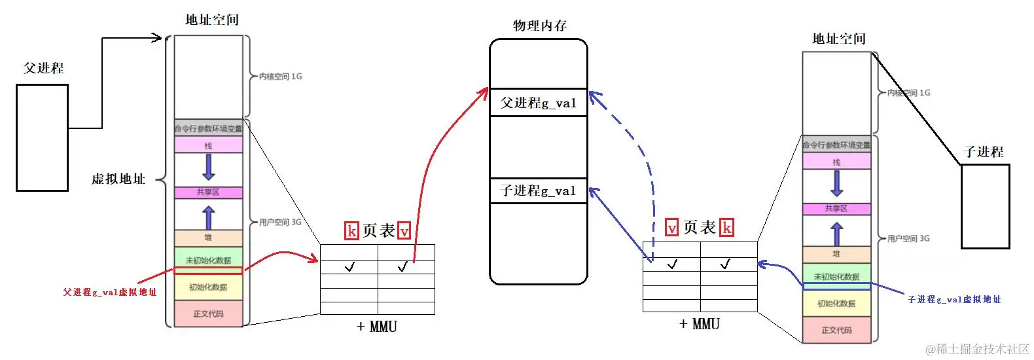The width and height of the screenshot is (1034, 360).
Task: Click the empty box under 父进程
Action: tap(42, 137)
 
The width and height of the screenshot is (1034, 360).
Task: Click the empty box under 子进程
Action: tap(985, 206)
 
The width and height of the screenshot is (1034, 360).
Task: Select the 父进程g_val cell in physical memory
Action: tap(538, 103)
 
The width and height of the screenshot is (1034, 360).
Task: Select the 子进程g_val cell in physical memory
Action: tap(538, 190)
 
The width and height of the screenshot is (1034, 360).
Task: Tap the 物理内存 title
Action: tap(540, 26)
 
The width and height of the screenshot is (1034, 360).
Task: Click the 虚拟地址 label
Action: tap(118, 179)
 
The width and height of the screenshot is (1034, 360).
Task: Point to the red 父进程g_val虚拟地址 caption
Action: tap(110, 292)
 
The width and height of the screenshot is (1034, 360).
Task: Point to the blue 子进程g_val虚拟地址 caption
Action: tap(954, 299)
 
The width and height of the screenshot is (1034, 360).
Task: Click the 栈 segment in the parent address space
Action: tap(208, 145)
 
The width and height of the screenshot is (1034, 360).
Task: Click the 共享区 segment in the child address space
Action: tap(836, 209)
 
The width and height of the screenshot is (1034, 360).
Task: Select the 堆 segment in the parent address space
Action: tap(208, 238)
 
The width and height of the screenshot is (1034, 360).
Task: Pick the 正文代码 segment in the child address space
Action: tap(836, 330)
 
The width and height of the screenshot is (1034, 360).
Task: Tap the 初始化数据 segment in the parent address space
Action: tap(208, 287)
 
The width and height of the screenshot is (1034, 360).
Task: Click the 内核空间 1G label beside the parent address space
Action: tap(280, 77)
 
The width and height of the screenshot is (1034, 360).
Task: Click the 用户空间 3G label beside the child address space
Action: tap(908, 238)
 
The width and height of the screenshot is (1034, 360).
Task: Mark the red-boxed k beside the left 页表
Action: tap(351, 231)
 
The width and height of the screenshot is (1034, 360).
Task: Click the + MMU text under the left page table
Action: tap(377, 326)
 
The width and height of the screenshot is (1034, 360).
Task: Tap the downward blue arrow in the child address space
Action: tap(836, 183)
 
